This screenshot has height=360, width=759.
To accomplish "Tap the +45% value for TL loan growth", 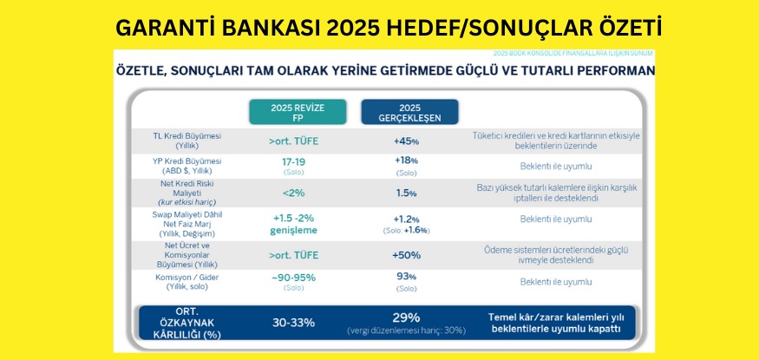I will pos(406,141).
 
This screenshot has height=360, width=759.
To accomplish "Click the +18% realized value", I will pos(406,160).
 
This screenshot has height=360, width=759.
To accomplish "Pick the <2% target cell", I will pos(293,193).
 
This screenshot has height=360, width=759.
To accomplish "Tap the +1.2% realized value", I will pos(406,219).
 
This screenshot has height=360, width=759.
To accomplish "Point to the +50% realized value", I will pos(406,255).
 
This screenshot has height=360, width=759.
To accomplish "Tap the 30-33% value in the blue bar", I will pos(293,322).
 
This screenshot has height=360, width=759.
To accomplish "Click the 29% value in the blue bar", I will pos(406,317).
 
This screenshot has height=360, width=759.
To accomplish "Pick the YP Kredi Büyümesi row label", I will pos(187,161).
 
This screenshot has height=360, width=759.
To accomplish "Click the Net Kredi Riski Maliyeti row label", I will pos(187,188).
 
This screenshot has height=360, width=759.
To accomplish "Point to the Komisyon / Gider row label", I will pos(187,277).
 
